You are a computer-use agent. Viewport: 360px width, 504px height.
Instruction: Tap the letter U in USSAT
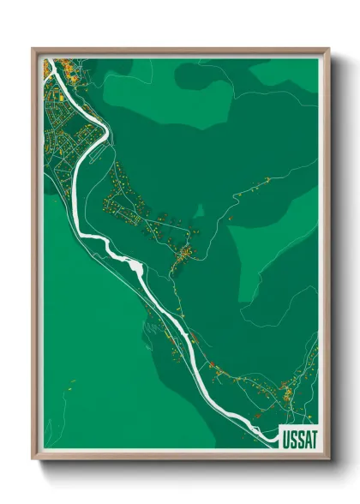coord(285,439)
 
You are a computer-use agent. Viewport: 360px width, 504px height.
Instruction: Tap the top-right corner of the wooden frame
coord(328,49)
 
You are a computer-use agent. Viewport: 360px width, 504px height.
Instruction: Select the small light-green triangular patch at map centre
coord(199,211)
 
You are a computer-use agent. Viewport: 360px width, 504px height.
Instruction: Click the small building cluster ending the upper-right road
coord(267,179)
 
